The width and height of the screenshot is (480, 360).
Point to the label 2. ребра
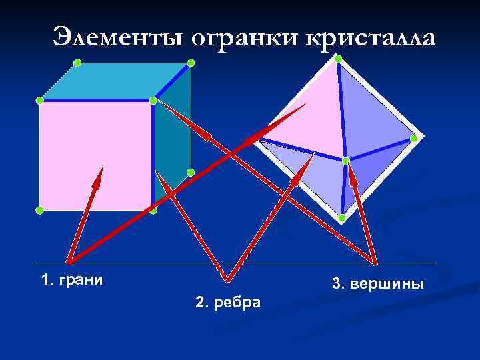(x=229, y=303)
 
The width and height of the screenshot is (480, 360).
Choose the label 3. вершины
(x=377, y=285)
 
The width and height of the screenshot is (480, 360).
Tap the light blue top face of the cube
(x=113, y=81)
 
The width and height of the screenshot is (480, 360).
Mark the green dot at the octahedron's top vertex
(x=338, y=59)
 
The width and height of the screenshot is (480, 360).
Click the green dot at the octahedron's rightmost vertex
(x=414, y=139)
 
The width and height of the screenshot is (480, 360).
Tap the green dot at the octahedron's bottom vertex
(x=341, y=218)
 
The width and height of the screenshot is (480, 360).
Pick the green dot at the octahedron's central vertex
(x=345, y=161)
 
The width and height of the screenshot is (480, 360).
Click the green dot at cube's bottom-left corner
(x=39, y=210)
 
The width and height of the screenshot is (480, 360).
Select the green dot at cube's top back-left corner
(x=77, y=63)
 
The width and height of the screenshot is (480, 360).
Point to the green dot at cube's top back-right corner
(x=191, y=63)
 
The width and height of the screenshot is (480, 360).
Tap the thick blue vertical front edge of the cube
(x=153, y=153)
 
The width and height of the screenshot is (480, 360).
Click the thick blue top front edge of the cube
(x=97, y=100)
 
